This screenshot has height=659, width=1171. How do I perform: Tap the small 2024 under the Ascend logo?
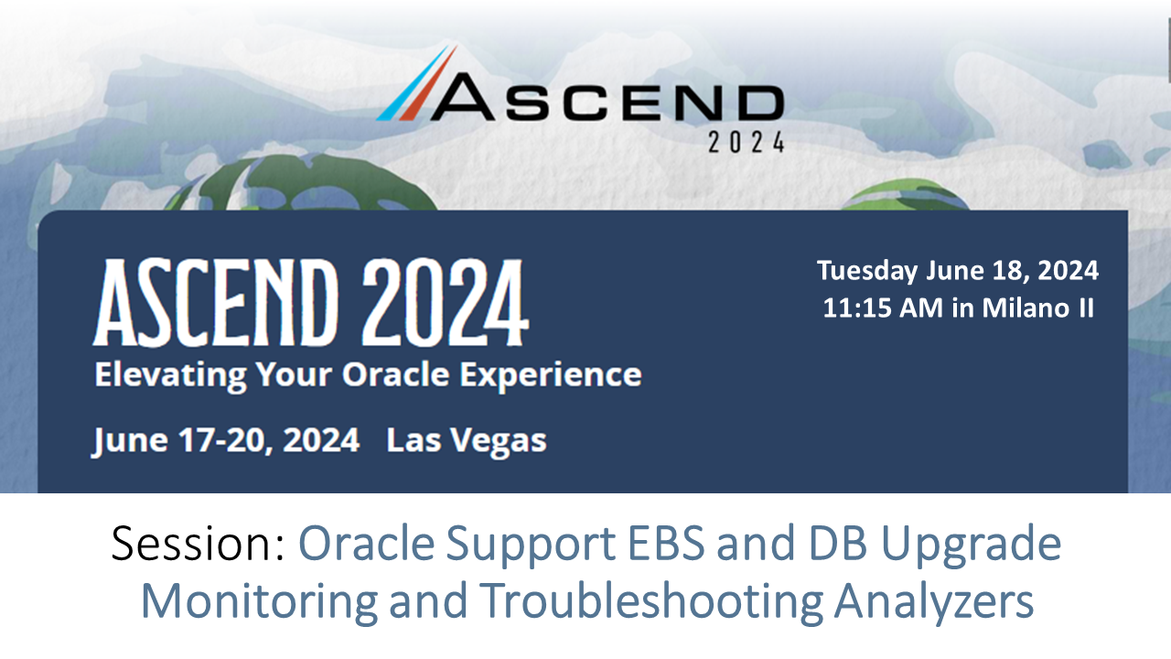point(747,142)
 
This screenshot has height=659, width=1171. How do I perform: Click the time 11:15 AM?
point(883,308)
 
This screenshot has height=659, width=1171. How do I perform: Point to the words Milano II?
point(1038,308)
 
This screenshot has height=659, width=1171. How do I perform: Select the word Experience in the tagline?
point(555,376)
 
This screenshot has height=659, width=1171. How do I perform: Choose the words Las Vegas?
point(467,441)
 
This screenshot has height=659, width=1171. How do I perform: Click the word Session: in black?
point(198,545)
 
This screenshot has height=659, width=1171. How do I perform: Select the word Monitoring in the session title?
point(259,603)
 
